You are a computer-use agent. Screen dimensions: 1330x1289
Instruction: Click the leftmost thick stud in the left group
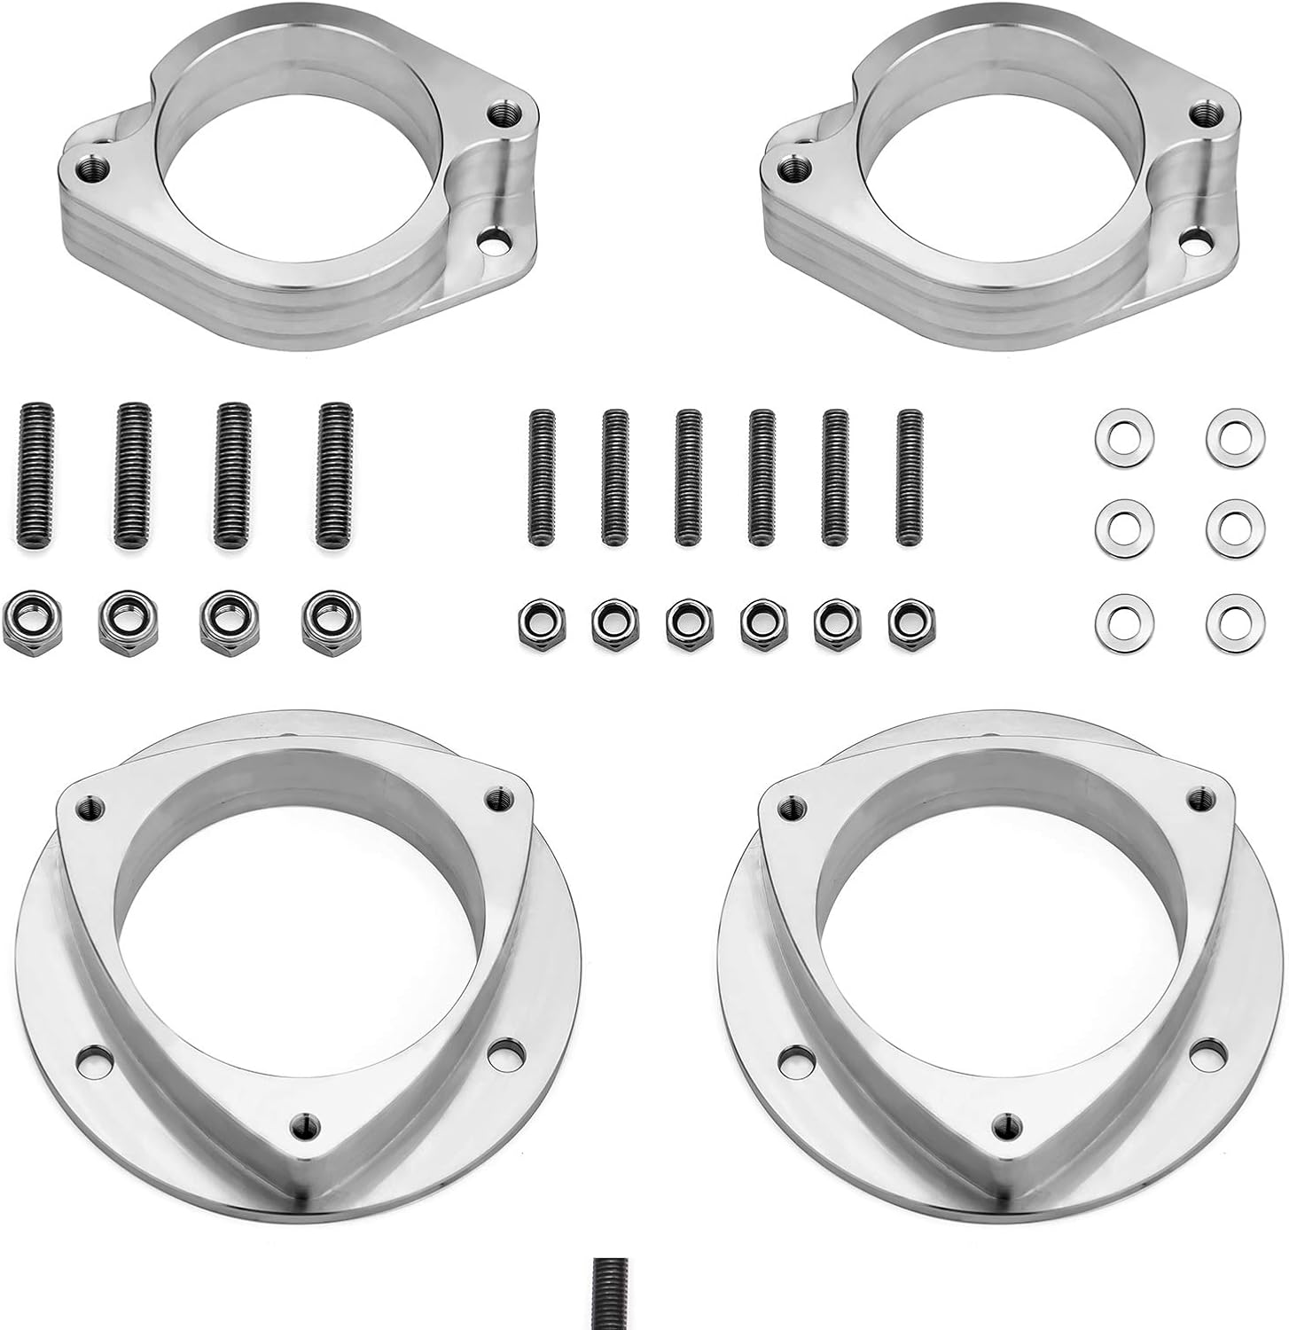point(35,474)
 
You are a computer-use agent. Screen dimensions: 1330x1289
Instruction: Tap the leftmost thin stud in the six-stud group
point(540,479)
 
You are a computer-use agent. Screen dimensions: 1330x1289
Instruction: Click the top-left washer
point(1117,431)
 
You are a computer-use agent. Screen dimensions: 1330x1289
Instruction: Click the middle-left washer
point(1117,523)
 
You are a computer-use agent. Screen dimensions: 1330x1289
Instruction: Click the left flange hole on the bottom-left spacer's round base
point(89,1058)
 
